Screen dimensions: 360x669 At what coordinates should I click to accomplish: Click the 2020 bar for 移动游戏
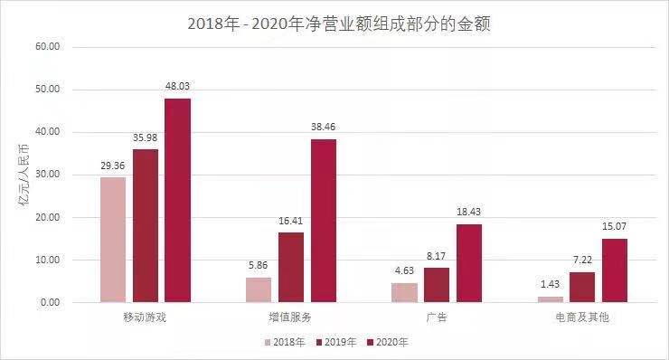[177, 200]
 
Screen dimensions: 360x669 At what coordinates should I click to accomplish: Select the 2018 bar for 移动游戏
[113, 240]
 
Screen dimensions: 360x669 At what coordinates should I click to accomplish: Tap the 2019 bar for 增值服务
[291, 268]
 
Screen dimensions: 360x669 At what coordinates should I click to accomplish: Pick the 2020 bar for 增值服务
[323, 221]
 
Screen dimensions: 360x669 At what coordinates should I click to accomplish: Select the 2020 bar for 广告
[468, 263]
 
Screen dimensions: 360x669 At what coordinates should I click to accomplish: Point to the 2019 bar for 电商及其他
[582, 287]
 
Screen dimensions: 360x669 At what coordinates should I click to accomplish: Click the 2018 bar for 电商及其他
[550, 298]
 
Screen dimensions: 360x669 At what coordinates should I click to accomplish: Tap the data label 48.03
[177, 87]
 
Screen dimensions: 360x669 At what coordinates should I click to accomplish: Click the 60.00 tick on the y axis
[47, 47]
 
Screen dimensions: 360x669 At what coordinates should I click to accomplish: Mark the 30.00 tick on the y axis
[47, 175]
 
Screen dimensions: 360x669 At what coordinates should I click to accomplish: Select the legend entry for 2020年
[389, 343]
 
